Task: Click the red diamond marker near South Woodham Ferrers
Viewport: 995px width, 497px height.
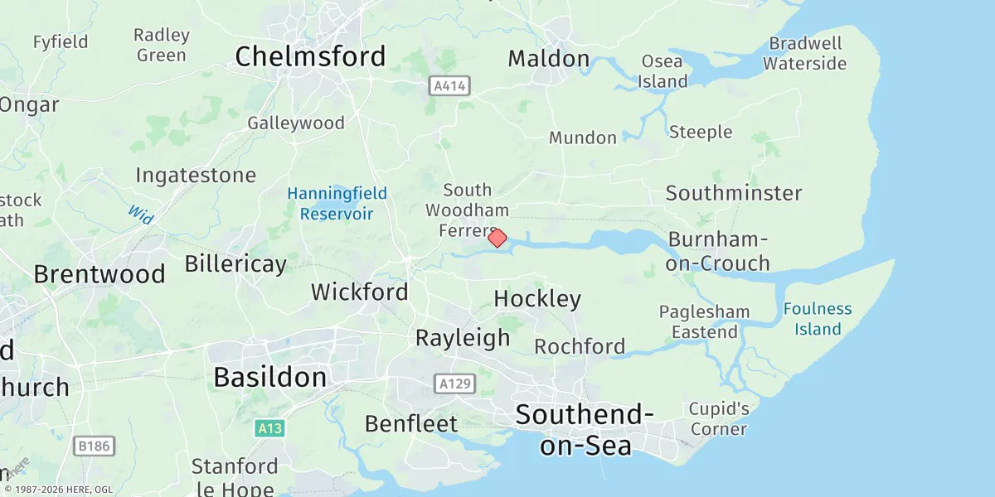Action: (497, 238)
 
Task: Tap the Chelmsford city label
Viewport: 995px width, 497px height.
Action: (310, 56)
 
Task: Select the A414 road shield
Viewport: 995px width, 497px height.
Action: (449, 85)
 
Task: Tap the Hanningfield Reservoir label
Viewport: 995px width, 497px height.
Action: (337, 204)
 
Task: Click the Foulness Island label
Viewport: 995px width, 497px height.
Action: (818, 319)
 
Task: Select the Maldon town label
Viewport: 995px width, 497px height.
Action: (548, 59)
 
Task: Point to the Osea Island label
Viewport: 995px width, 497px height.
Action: (663, 71)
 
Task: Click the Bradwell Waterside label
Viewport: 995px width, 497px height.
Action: (805, 53)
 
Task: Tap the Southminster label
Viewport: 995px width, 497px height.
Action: (734, 193)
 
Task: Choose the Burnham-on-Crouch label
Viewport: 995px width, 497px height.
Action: (719, 251)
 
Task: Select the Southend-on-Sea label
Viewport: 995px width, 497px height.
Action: (585, 429)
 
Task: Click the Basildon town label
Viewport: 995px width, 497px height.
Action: (269, 377)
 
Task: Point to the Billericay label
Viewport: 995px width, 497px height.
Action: (235, 264)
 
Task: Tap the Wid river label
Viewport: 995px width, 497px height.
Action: (141, 214)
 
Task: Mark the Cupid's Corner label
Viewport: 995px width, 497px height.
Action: (719, 418)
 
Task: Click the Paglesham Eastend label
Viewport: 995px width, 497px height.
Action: (704, 322)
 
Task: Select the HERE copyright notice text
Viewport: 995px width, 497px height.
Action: (58, 489)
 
